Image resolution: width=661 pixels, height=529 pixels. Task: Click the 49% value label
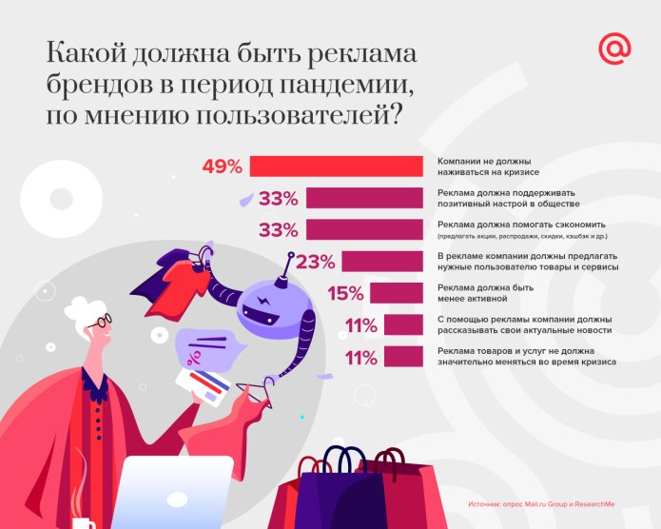pos(223,166)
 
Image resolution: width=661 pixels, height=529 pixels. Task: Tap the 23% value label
pos(315,262)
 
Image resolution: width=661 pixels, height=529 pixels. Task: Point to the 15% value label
pos(347,294)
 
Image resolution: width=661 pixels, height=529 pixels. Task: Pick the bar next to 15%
pos(397,294)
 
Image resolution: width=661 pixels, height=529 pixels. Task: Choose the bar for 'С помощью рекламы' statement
pos(405,326)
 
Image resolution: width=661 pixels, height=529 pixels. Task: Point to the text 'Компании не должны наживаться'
pos(488,166)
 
